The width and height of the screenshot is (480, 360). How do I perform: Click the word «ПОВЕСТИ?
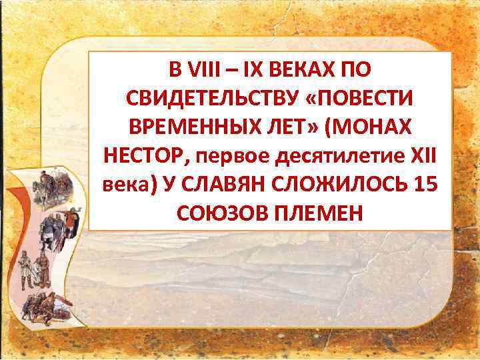pos(361,99)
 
